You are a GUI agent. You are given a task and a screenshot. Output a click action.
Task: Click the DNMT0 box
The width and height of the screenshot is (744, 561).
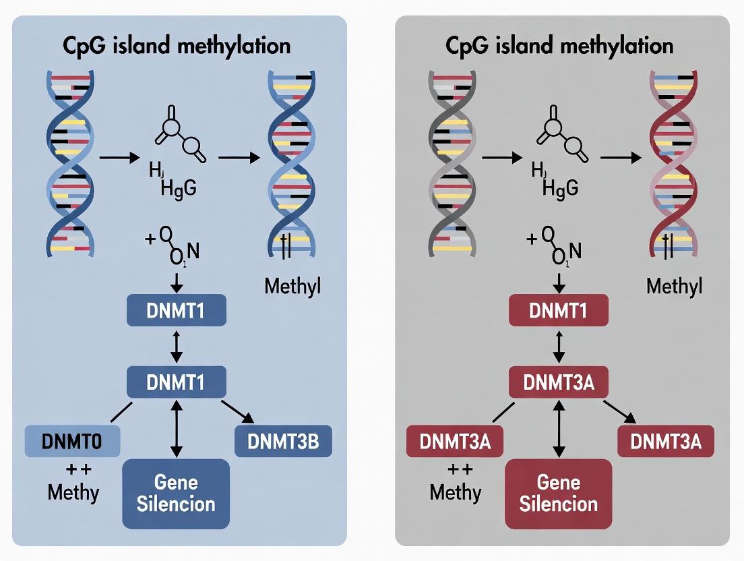click(x=72, y=442)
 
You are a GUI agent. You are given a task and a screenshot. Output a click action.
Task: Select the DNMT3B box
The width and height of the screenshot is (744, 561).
click(x=283, y=442)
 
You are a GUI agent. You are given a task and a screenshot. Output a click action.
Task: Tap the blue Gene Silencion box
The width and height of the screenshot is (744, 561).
click(x=176, y=493)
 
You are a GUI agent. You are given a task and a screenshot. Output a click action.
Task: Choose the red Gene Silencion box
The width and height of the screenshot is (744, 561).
click(x=559, y=493)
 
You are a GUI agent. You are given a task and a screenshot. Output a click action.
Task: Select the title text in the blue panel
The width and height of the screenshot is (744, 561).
click(x=176, y=46)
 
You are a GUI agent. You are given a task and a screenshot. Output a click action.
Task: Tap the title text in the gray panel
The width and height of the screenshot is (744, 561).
click(x=559, y=46)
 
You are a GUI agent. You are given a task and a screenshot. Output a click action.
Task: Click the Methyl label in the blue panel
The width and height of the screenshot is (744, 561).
click(x=292, y=286)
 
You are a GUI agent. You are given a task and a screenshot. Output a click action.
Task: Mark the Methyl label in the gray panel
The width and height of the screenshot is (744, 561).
click(x=674, y=286)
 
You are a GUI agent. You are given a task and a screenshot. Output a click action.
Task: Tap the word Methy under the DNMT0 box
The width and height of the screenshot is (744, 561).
click(x=73, y=492)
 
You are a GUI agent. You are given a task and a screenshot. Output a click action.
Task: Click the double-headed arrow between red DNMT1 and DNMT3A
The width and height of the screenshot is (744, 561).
click(x=558, y=346)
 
